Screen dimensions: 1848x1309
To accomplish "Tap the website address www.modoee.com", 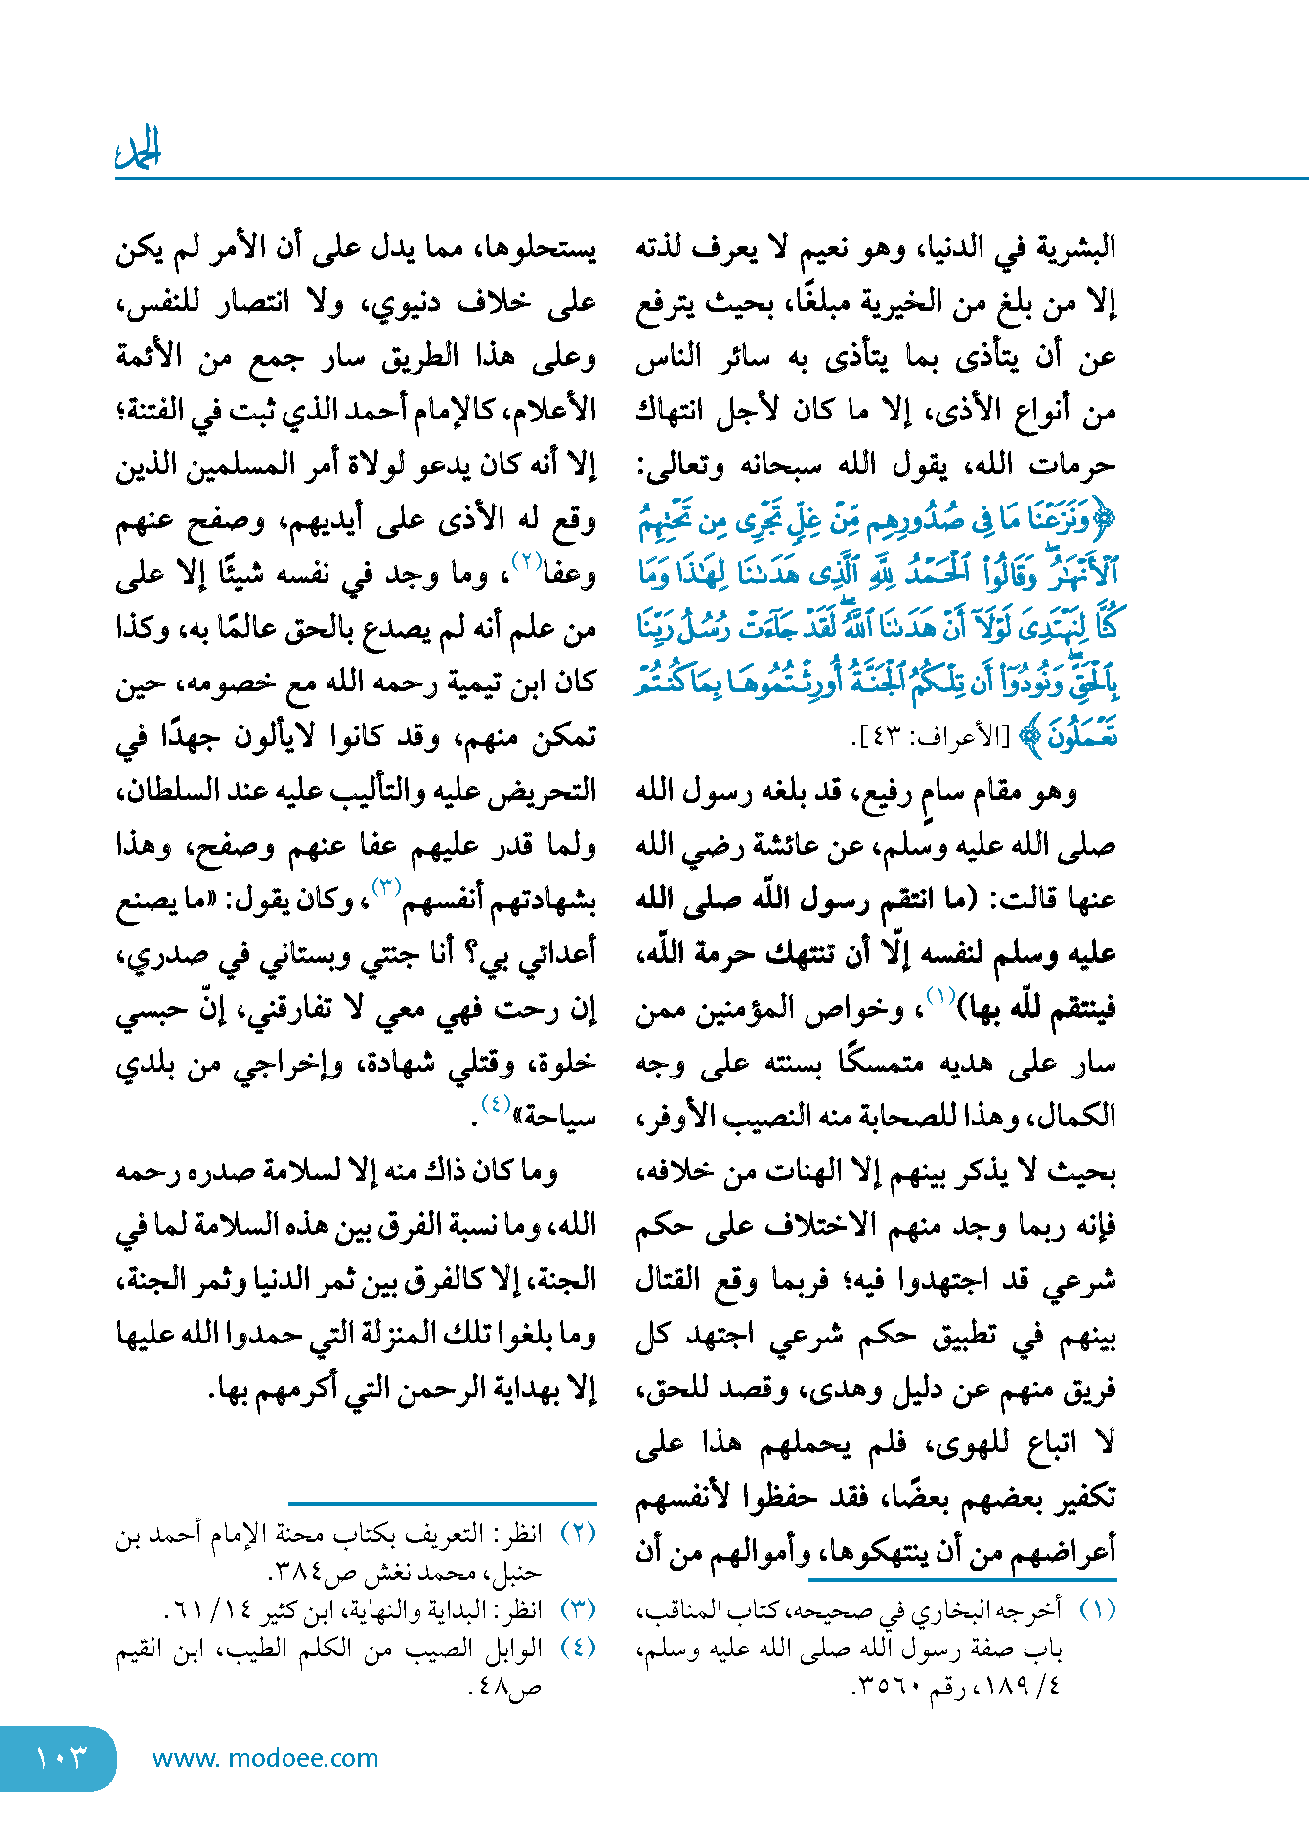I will pos(265,1759).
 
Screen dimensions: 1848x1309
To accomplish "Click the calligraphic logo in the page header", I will pos(139,150).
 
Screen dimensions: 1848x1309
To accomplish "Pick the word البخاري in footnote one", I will pos(942,1609).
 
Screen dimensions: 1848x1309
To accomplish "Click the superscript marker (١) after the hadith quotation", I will pos(939,996).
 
